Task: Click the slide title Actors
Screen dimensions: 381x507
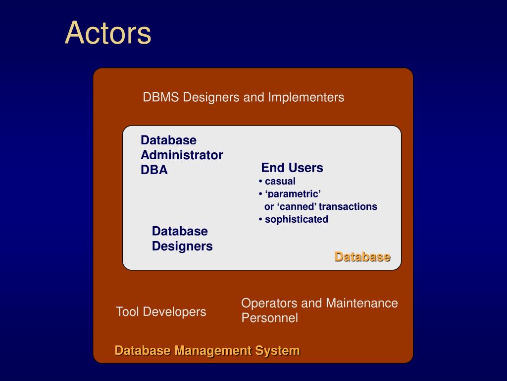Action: click(x=108, y=33)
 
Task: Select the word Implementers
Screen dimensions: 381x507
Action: click(x=306, y=97)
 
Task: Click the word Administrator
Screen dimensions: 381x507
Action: click(x=182, y=155)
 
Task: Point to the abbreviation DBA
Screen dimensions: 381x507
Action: click(x=154, y=170)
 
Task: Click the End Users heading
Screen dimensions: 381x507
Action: click(x=292, y=168)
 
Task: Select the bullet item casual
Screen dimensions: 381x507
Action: click(x=280, y=181)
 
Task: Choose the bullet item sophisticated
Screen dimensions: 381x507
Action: click(x=296, y=219)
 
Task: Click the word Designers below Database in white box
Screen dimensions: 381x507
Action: click(x=182, y=246)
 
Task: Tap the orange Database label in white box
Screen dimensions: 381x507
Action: click(x=362, y=256)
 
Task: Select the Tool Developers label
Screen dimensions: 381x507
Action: click(x=161, y=312)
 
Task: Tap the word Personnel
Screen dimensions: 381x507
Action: click(x=269, y=318)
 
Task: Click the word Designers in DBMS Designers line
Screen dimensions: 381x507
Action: click(x=211, y=97)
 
